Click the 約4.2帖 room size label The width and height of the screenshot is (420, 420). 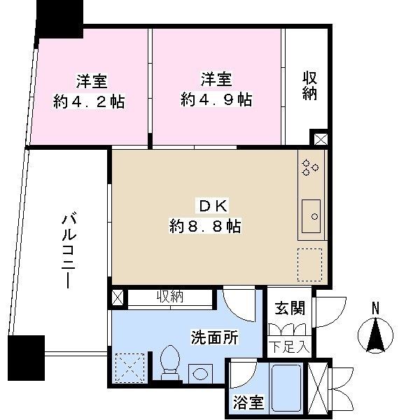(89, 102)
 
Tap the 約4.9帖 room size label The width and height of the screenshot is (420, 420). (216, 99)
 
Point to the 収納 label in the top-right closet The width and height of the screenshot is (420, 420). (310, 85)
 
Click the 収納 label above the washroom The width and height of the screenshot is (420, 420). (169, 297)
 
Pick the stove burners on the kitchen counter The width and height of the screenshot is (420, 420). (310, 167)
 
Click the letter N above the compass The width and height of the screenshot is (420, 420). (375, 307)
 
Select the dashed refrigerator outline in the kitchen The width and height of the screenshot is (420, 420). (309, 264)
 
